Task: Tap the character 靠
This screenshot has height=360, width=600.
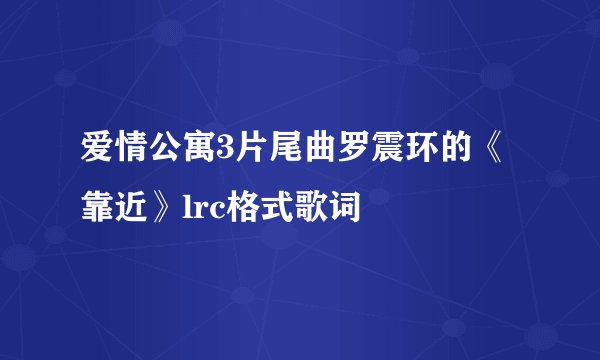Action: coord(97,207)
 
